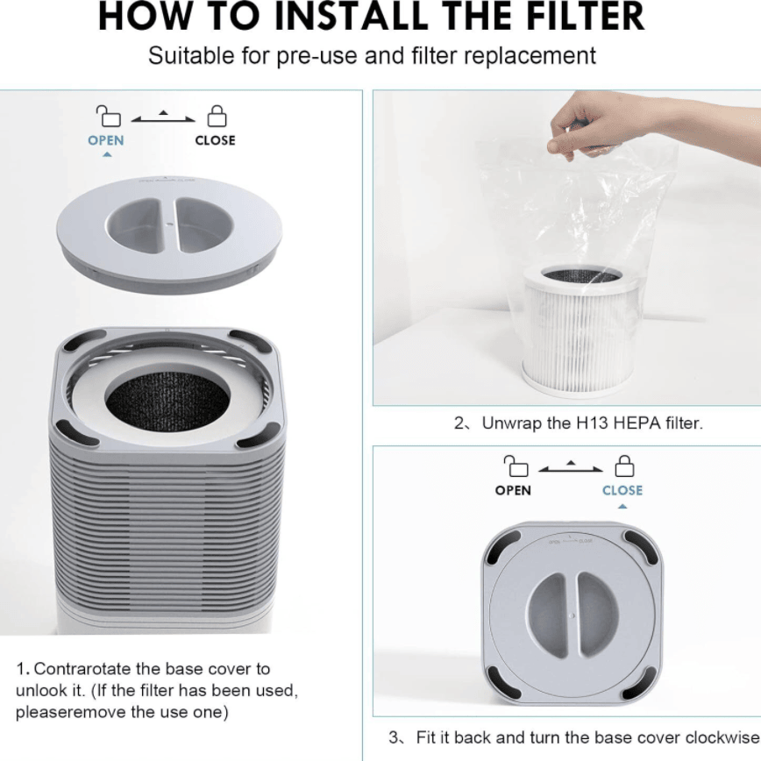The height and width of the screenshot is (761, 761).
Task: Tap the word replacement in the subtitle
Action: [530, 56]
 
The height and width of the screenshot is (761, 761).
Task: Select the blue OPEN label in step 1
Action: [106, 140]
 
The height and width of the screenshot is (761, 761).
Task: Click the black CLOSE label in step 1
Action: [215, 140]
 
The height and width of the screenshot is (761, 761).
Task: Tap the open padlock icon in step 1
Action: [108, 116]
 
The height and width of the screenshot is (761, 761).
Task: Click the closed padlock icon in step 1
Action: [217, 116]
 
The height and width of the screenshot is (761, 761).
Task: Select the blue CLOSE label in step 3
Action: [622, 490]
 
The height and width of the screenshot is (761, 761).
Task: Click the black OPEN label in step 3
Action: [513, 490]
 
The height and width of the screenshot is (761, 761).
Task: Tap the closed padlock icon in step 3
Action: [624, 466]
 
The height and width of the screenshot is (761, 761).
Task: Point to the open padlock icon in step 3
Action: [516, 466]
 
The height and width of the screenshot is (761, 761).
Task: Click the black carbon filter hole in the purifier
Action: [167, 402]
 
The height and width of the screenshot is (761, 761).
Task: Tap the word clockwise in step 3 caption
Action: [722, 737]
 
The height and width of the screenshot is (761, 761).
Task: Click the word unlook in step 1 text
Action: [41, 691]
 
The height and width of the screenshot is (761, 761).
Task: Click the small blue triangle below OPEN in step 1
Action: [107, 155]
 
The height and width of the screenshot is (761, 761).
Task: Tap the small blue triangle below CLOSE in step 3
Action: [622, 507]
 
